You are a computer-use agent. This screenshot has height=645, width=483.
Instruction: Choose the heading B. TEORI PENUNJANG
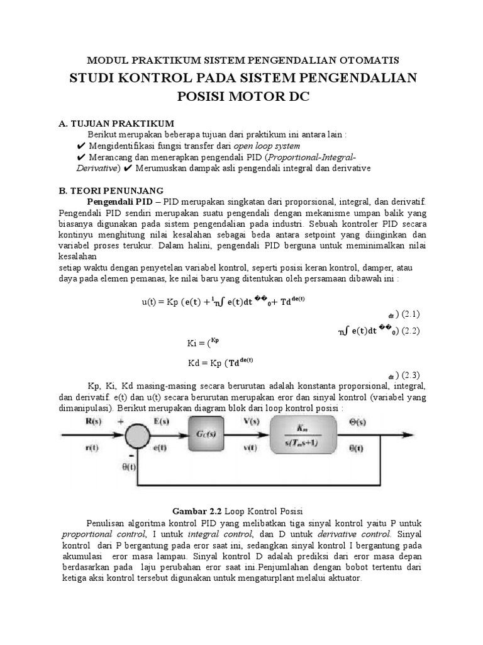coord(111,190)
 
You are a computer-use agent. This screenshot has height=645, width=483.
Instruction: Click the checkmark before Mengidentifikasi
coord(80,146)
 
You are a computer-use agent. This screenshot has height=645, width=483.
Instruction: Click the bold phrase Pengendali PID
coord(119,201)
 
